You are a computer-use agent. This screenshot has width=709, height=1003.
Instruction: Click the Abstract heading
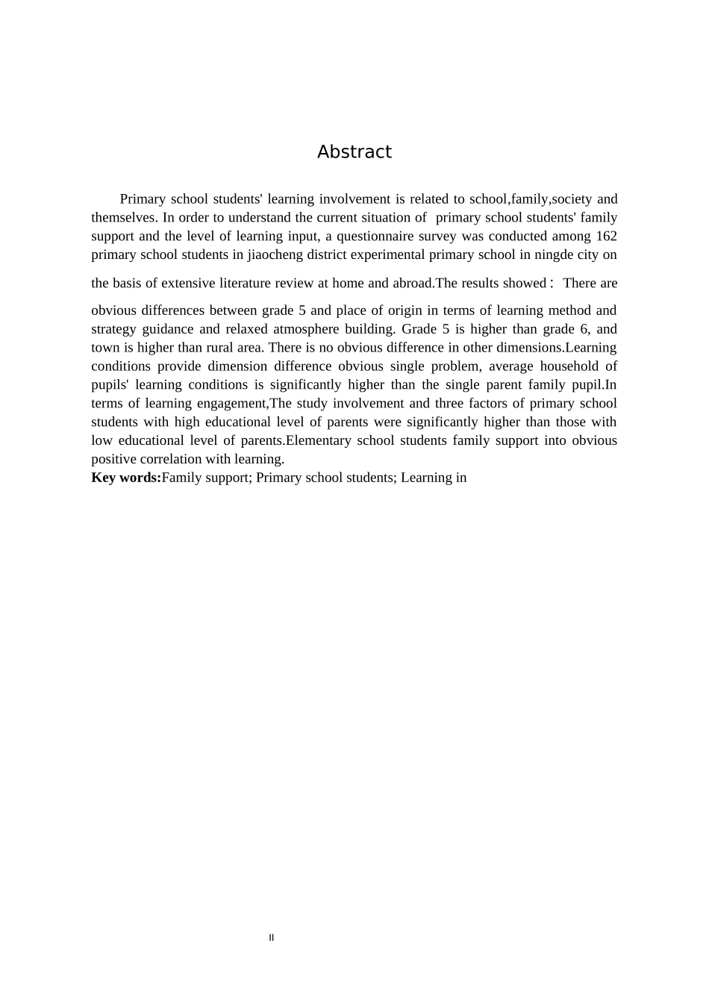coord(354,152)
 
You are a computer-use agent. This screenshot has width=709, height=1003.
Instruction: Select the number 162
coord(606,237)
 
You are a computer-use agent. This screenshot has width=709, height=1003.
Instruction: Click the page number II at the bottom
coord(272,938)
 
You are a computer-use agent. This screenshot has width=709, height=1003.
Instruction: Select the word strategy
coord(112,329)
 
